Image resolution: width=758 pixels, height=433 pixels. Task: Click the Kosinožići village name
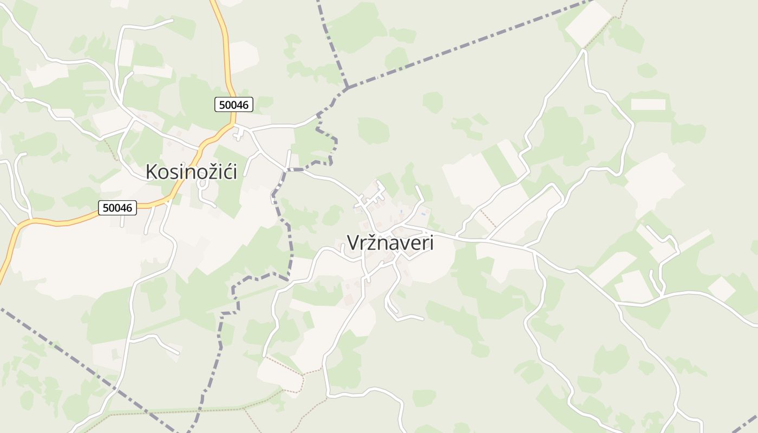tap(191, 172)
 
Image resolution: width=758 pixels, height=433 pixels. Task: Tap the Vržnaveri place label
tap(390, 243)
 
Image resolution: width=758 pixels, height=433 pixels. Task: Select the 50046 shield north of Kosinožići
tap(234, 104)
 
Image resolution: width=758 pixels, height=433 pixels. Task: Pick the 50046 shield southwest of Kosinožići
tap(117, 207)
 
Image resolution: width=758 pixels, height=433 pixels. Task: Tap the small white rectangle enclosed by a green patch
tap(648, 104)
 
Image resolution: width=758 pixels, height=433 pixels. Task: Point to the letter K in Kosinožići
tap(152, 172)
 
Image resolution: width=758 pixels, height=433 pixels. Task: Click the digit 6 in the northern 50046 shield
tap(246, 104)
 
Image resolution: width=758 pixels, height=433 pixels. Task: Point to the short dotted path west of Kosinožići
tap(110, 149)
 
